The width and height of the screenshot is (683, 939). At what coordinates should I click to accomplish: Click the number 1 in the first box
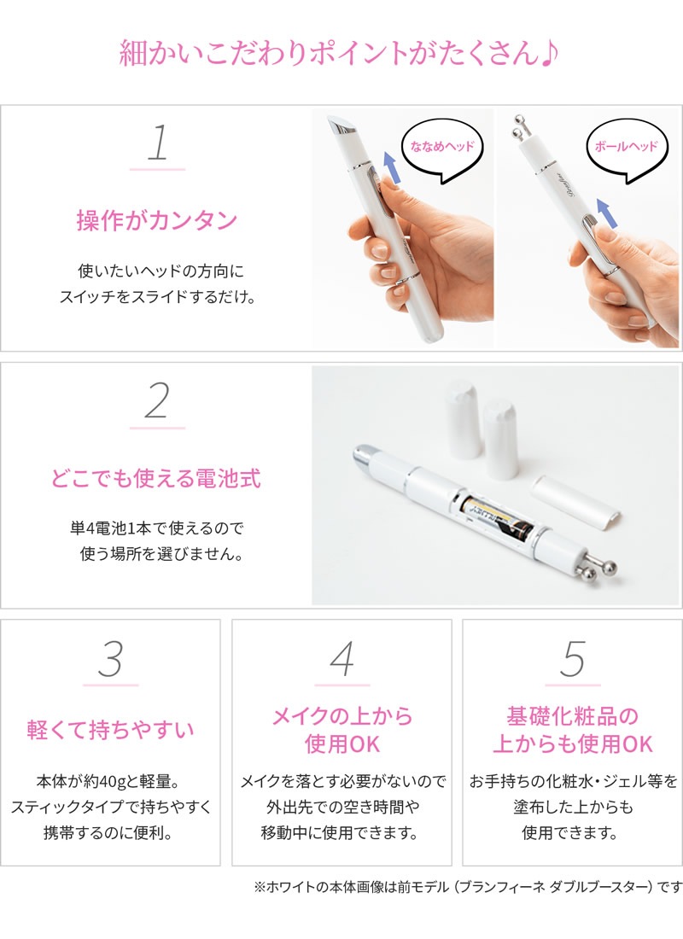(x=157, y=143)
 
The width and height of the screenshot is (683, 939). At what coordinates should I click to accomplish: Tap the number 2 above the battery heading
(x=157, y=401)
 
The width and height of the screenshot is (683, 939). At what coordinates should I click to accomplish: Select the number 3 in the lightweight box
(x=110, y=659)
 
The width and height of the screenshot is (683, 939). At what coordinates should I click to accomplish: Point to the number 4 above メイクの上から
(x=341, y=659)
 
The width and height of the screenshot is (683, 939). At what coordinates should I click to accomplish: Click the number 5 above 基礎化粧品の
(x=572, y=659)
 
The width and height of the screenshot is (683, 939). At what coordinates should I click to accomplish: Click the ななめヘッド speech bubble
(x=441, y=146)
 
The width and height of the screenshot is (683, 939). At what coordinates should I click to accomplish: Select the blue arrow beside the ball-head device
(x=604, y=213)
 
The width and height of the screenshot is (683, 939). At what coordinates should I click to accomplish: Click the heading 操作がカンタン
(x=157, y=221)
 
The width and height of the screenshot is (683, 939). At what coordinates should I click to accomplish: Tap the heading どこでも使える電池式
(x=157, y=478)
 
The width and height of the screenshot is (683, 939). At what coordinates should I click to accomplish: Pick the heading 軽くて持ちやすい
(x=110, y=731)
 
